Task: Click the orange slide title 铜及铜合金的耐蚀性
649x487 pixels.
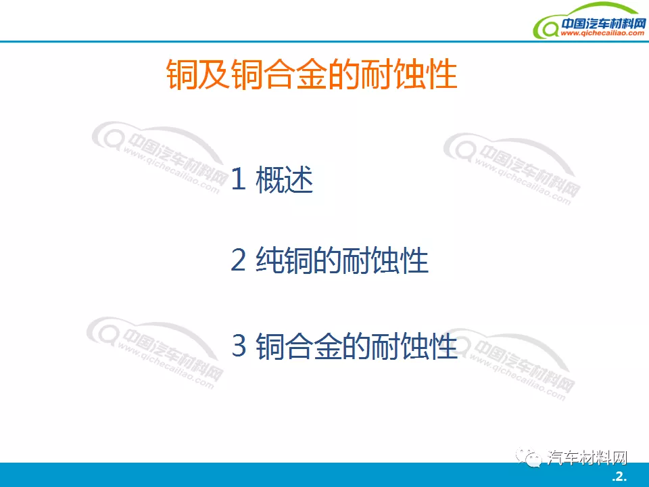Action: coord(312,75)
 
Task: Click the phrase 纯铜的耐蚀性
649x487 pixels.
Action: coord(342,261)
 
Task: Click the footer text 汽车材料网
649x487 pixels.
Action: coord(587,458)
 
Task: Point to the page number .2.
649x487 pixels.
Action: coord(619,477)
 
